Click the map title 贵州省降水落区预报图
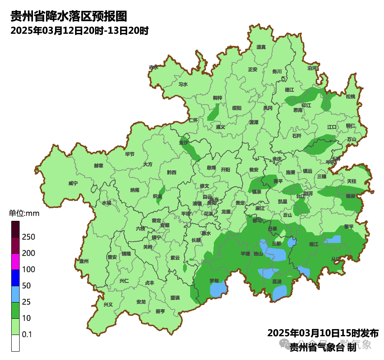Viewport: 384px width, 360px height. (68, 16)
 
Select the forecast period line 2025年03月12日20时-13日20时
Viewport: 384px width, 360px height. (80, 31)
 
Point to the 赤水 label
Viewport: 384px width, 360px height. (153, 67)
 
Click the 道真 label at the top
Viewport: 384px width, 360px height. (261, 47)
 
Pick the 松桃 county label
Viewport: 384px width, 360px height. (351, 97)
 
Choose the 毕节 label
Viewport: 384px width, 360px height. (130, 154)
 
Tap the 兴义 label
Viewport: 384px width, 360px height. (108, 305)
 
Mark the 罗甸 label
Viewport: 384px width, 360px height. (214, 281)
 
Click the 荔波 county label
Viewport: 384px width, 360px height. (277, 282)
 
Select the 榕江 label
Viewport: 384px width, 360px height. (314, 244)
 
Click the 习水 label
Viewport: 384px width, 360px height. (183, 84)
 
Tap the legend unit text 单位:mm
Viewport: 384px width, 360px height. (24, 214)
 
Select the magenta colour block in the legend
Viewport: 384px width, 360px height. (15, 262)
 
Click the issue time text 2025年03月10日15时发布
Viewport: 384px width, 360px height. (323, 333)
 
